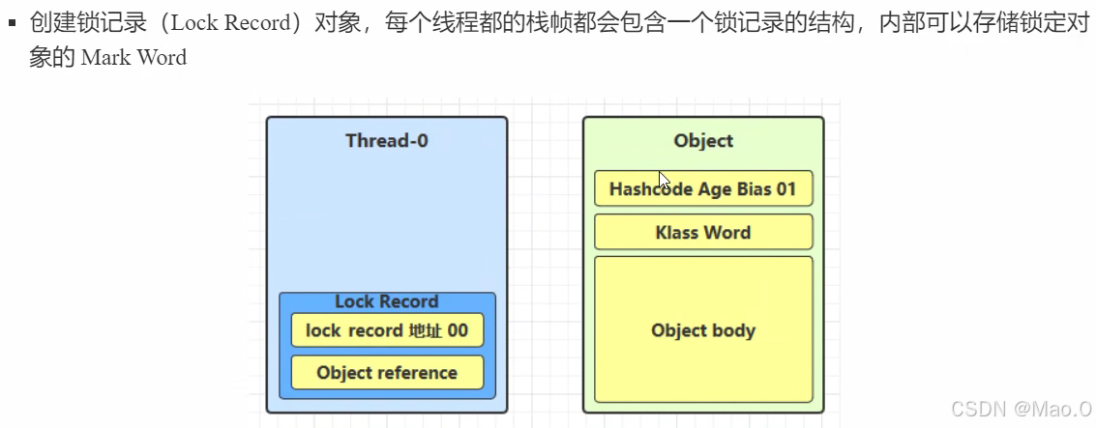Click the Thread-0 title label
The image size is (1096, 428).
[x=387, y=141]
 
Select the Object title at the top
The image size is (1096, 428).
[x=703, y=141]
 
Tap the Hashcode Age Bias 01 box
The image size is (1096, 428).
[x=703, y=189]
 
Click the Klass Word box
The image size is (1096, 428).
[x=703, y=233]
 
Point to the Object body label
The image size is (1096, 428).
[x=703, y=330]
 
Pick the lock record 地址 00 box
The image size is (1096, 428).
[x=387, y=330]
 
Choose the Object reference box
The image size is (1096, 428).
[x=387, y=373]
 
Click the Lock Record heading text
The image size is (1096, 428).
[x=387, y=301]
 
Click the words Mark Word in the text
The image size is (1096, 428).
[x=133, y=58]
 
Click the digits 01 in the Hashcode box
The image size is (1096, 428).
[x=785, y=189]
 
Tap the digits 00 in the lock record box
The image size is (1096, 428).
[x=458, y=330]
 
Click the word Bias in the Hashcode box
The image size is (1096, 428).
[x=751, y=189]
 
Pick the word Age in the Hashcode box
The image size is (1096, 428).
[x=713, y=189]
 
